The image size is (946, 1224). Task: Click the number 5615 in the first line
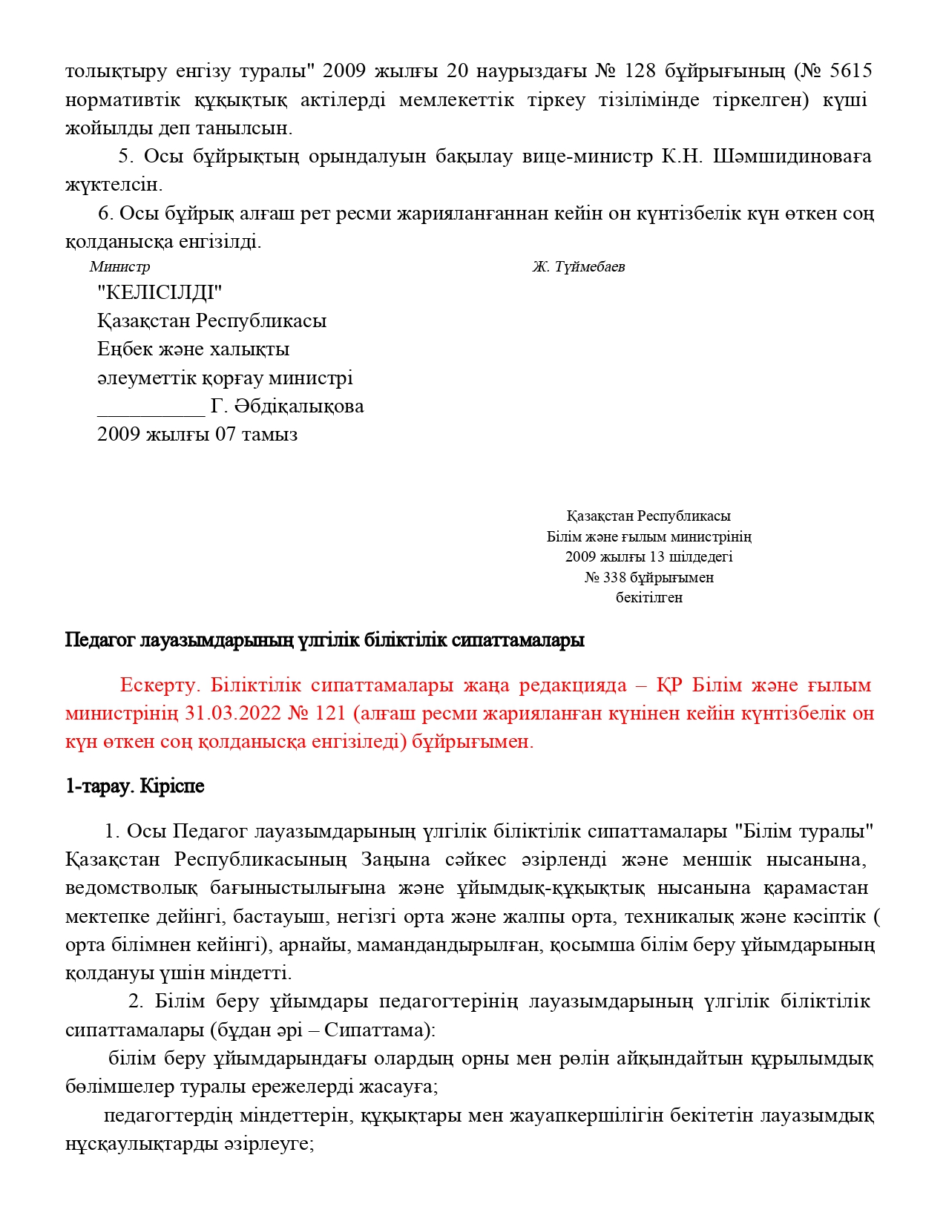851,71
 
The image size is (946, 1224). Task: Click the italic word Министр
119,267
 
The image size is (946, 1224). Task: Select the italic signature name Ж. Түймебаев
578,267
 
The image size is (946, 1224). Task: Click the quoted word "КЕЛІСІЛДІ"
160,292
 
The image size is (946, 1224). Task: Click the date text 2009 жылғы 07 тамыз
197,435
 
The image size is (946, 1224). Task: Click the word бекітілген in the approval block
648,597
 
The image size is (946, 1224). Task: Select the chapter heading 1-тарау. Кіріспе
134,786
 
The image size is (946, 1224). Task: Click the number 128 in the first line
640,71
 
